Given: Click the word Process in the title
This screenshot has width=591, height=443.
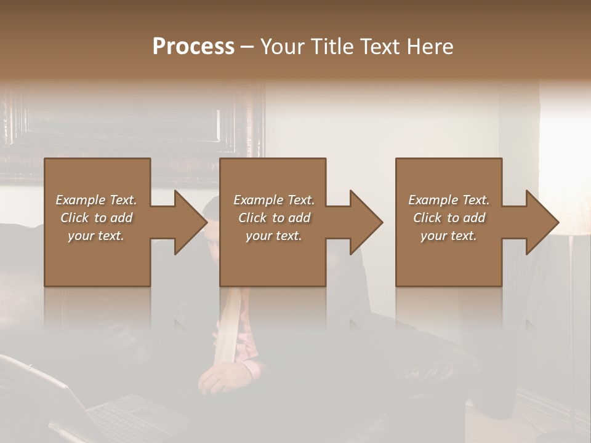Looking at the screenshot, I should (x=193, y=47).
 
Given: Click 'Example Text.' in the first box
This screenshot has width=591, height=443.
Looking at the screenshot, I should (x=96, y=200).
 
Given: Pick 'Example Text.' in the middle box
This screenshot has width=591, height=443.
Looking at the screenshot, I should (x=274, y=200).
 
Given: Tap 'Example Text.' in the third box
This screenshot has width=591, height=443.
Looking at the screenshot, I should (x=449, y=200).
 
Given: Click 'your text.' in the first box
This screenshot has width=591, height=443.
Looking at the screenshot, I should (x=96, y=236).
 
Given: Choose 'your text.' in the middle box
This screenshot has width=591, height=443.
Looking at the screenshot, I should (x=274, y=236).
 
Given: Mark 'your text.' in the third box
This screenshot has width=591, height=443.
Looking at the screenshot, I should (x=449, y=236).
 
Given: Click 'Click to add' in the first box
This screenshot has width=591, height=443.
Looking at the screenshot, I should (x=96, y=218).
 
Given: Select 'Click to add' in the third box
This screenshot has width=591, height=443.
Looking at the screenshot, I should (x=449, y=218).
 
